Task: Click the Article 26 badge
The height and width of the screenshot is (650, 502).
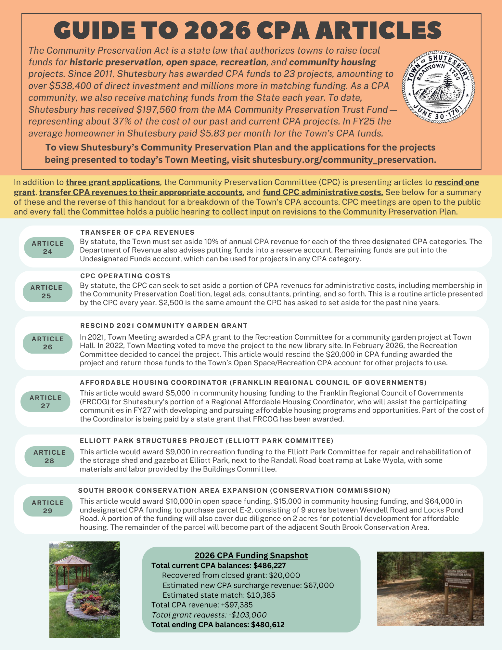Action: point(47,343)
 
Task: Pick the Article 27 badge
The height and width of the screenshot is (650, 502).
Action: point(45,402)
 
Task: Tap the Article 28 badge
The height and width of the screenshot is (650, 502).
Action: point(49,456)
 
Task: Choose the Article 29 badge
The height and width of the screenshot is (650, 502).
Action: point(47,506)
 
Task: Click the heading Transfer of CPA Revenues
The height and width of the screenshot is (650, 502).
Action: point(137,232)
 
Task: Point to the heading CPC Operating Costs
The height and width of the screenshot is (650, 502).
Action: point(125,276)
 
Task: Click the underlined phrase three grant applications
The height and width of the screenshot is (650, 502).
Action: point(112,182)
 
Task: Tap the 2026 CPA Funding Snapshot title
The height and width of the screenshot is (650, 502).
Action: point(251,555)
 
